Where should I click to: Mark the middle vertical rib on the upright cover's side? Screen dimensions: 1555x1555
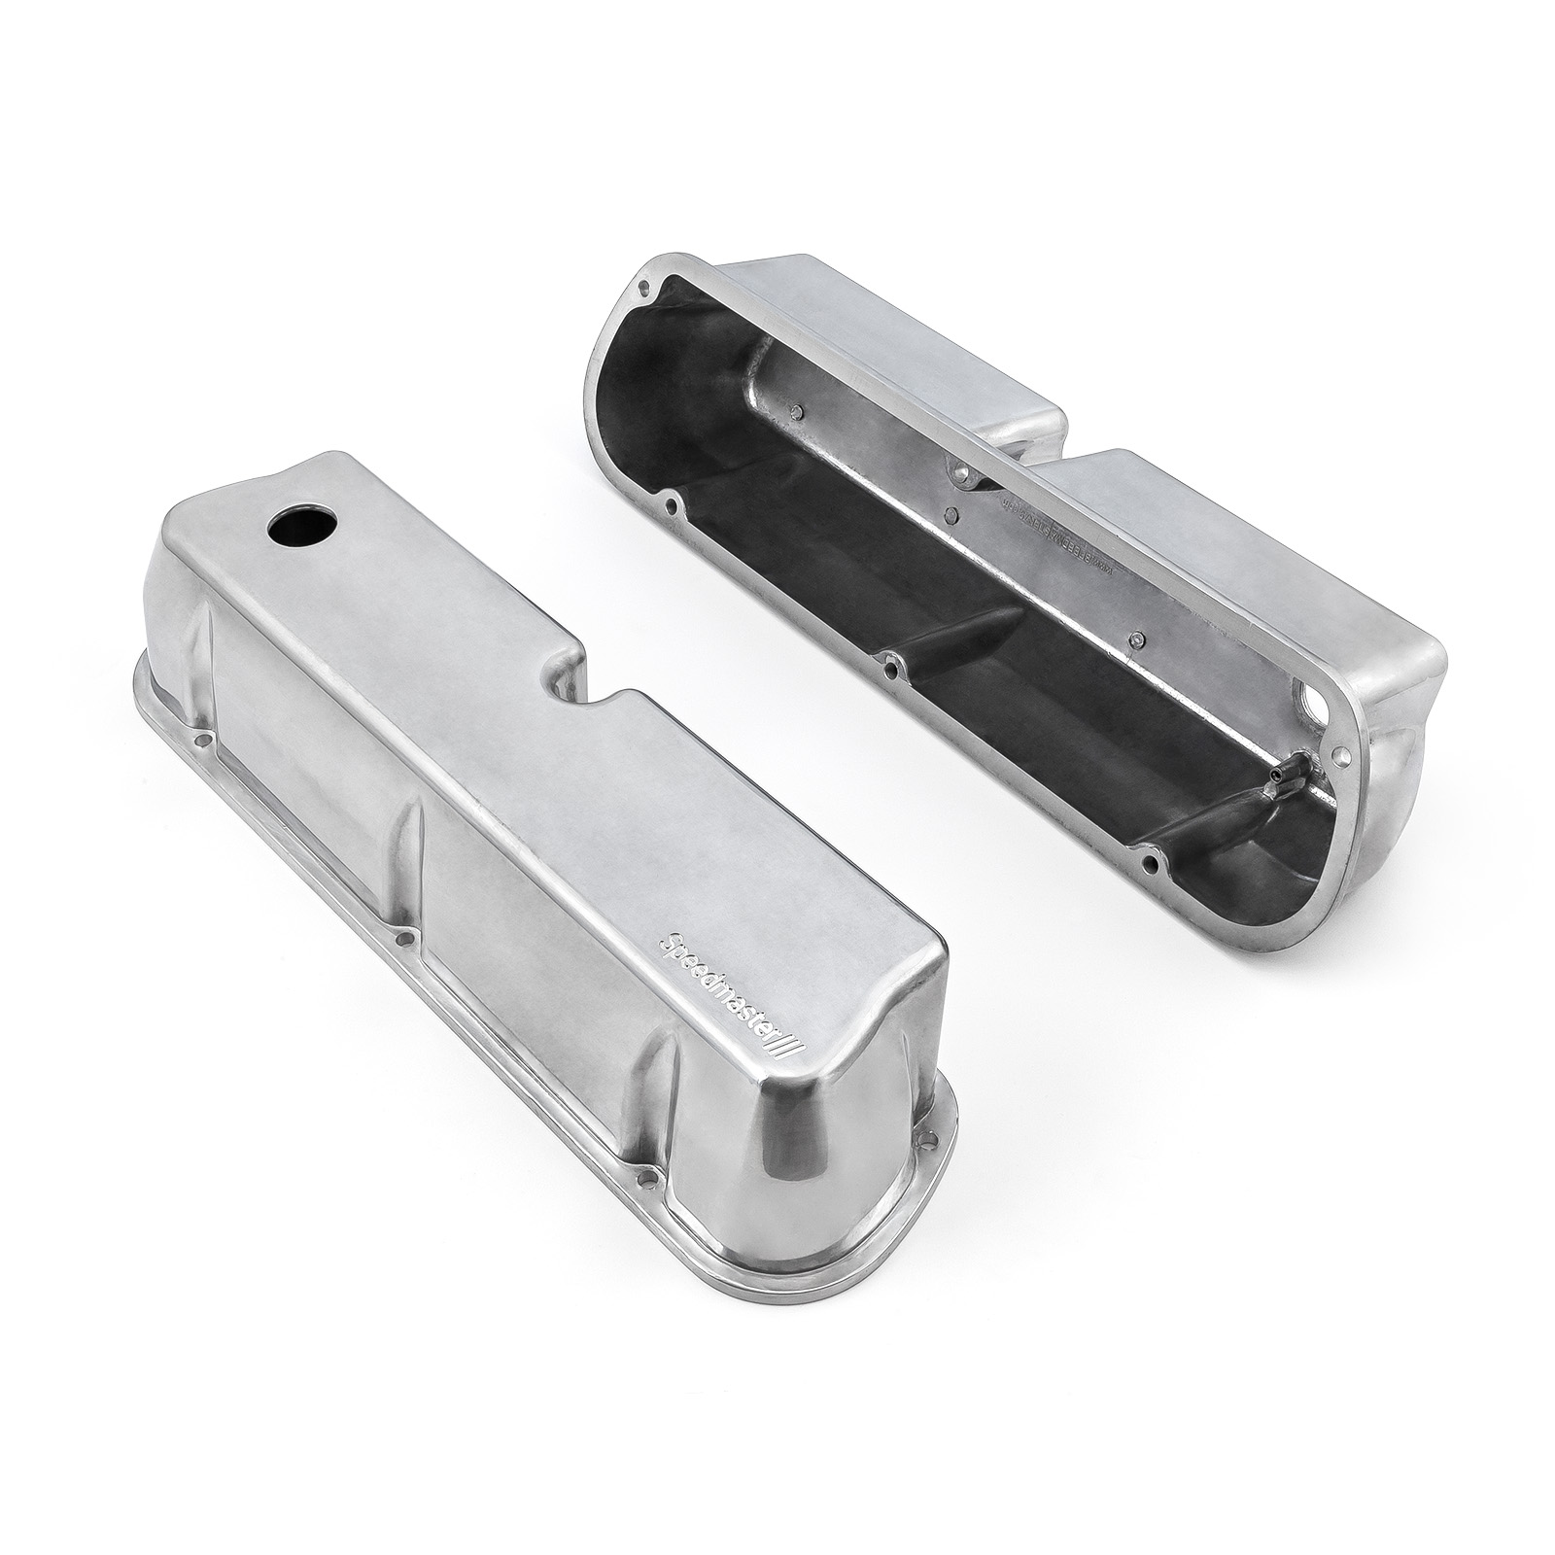(413, 836)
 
